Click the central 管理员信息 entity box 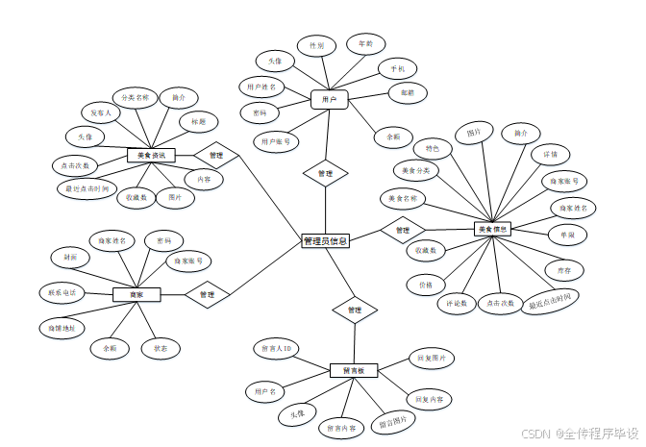coord(325,241)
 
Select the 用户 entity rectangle coord(329,99)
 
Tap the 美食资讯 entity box coord(152,155)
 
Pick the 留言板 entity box coord(354,370)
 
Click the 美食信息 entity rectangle coord(493,229)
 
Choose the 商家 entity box coord(137,294)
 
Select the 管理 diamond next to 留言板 coord(354,310)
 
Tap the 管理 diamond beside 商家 coord(208,294)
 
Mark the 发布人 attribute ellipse coord(101,112)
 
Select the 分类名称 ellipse coord(136,97)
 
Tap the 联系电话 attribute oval coord(62,292)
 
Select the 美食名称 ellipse coord(404,199)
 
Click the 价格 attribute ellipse coord(426,285)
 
